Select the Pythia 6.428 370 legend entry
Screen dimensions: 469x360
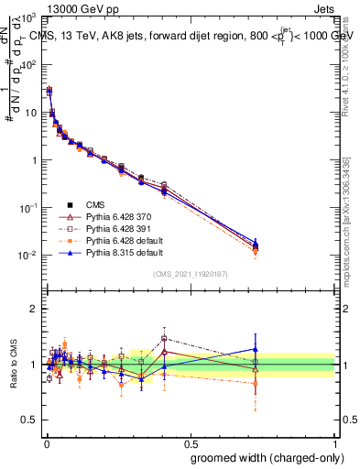click(114, 216)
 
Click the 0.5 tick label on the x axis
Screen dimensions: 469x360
click(190, 442)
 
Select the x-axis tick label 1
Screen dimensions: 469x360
click(335, 442)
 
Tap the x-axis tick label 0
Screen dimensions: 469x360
click(45, 442)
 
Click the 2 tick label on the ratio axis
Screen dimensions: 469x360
click(34, 309)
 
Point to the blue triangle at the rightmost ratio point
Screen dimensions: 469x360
click(256, 348)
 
